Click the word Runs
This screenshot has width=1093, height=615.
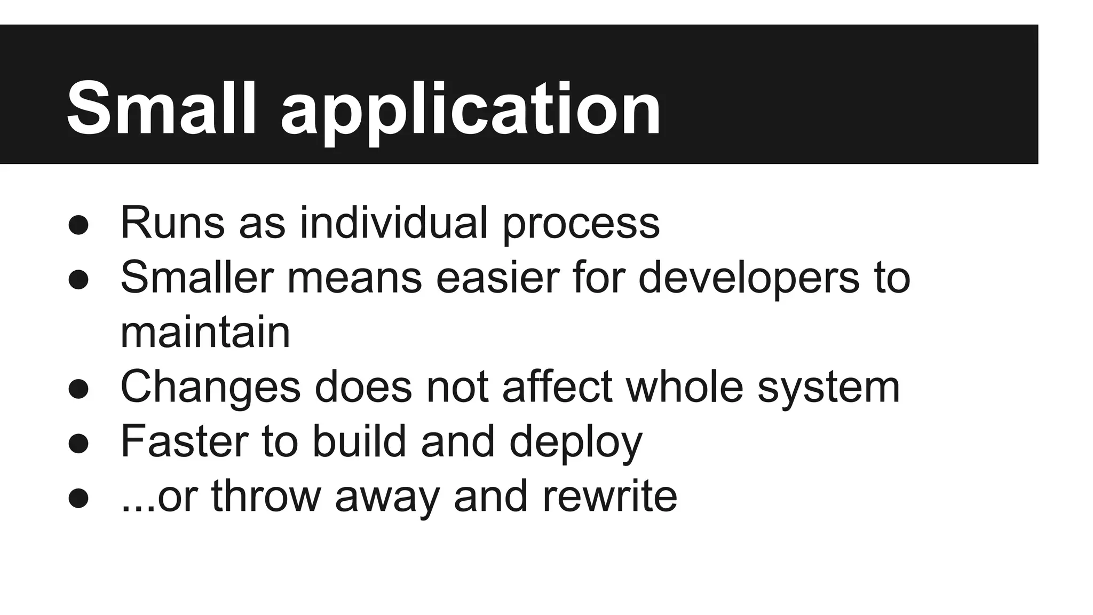[x=172, y=223]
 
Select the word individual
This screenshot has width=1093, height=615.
[x=394, y=223]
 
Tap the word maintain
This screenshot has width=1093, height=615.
[x=205, y=332]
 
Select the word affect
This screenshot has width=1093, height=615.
[x=557, y=387]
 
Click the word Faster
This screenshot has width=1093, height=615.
[x=184, y=441]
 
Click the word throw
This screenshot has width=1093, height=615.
[x=266, y=496]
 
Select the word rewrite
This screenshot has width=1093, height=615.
[x=609, y=496]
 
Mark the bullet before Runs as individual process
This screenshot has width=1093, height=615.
[x=78, y=225]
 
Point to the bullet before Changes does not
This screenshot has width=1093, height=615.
[x=78, y=389]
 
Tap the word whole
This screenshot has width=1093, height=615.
[x=684, y=387]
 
